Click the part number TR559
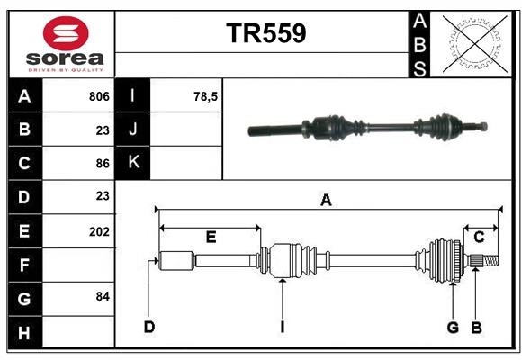tap(265, 33)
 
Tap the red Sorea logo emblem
tap(65, 33)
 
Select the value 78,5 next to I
tap(207, 96)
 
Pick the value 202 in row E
tap(99, 231)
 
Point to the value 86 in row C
tap(102, 164)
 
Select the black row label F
tap(24, 265)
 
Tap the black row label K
tap(133, 163)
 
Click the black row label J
tap(133, 130)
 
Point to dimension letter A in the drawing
tap(326, 201)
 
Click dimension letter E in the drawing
tap(211, 238)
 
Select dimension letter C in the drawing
tap(479, 238)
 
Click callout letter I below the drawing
tap(282, 327)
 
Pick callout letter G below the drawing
tap(453, 327)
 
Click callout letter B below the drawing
tap(476, 327)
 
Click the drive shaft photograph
tap(369, 128)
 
